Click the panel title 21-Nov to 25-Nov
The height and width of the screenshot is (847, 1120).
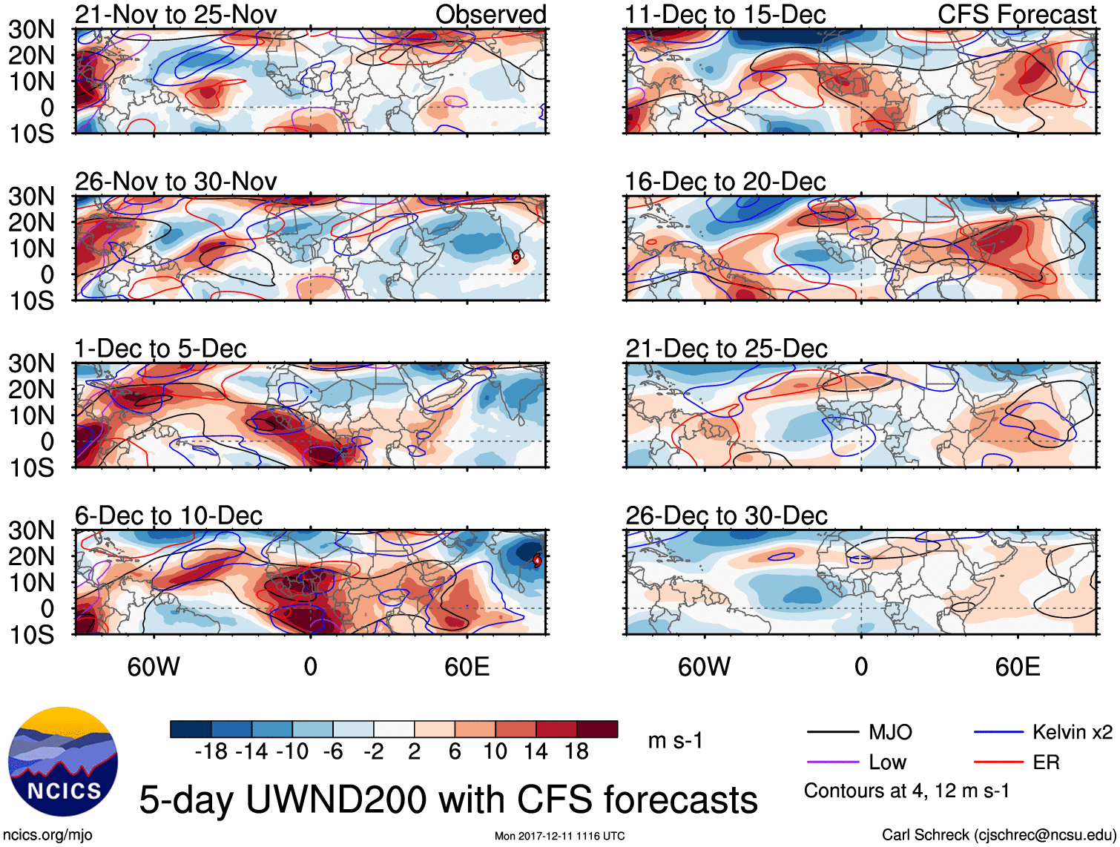point(176,14)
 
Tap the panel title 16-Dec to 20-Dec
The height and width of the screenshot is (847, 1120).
point(725,182)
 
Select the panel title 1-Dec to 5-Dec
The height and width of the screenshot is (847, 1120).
point(160,349)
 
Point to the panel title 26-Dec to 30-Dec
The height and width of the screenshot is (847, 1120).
point(726,515)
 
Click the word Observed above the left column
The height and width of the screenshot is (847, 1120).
point(490,14)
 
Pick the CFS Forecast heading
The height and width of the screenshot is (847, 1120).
point(1016,14)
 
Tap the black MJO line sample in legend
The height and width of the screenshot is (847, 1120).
point(832,733)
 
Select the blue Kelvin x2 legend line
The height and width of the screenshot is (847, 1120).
point(998,733)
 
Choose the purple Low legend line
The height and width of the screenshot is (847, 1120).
point(832,762)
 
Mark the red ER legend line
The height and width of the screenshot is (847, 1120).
point(998,762)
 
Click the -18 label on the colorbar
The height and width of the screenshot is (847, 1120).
point(211,752)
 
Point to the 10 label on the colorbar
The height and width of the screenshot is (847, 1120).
point(495,752)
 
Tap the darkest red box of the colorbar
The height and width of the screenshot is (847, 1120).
point(597,729)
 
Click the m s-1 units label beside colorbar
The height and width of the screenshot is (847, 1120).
point(675,740)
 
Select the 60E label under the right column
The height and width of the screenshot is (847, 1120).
point(1017,667)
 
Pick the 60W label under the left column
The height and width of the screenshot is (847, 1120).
point(154,667)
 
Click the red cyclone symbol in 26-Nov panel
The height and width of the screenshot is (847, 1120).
point(516,257)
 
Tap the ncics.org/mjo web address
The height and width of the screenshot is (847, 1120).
point(47,835)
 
